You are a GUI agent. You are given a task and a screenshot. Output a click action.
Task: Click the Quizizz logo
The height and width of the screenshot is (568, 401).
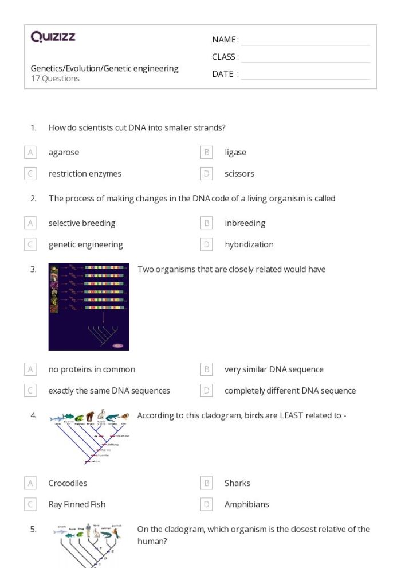click(53, 37)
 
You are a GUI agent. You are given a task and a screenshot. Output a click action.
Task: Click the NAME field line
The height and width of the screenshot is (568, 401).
click(305, 40)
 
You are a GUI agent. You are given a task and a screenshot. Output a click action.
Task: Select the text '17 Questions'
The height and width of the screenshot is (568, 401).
click(55, 79)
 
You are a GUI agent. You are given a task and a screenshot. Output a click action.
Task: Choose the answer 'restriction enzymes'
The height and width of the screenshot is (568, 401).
click(85, 174)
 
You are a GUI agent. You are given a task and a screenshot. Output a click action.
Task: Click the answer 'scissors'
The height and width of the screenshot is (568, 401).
click(239, 174)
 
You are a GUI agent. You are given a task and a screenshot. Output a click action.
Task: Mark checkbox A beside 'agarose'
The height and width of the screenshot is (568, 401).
click(30, 153)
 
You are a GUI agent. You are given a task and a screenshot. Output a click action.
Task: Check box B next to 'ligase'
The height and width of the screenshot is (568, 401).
click(207, 153)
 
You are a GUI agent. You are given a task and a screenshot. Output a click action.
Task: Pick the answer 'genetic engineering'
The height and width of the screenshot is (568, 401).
click(85, 244)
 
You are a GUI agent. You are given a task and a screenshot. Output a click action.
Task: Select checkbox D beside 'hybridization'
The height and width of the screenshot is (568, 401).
click(207, 244)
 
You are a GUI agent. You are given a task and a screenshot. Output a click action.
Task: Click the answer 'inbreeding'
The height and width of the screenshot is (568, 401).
click(245, 223)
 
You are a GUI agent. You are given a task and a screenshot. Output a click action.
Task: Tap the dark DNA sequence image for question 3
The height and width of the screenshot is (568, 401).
click(89, 307)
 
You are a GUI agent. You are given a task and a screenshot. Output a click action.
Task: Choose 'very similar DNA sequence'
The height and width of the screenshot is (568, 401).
click(274, 369)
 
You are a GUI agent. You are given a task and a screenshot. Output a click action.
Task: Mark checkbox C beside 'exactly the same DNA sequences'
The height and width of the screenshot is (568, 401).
click(30, 391)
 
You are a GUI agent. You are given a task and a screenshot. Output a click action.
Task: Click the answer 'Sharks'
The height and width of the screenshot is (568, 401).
click(237, 483)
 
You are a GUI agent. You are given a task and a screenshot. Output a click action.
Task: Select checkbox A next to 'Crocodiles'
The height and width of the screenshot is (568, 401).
click(30, 483)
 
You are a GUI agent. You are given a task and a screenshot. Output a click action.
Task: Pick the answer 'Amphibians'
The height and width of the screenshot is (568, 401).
click(246, 504)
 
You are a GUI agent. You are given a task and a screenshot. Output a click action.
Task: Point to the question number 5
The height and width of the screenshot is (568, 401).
click(33, 530)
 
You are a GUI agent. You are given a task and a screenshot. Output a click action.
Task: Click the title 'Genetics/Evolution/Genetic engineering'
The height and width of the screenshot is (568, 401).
click(104, 69)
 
